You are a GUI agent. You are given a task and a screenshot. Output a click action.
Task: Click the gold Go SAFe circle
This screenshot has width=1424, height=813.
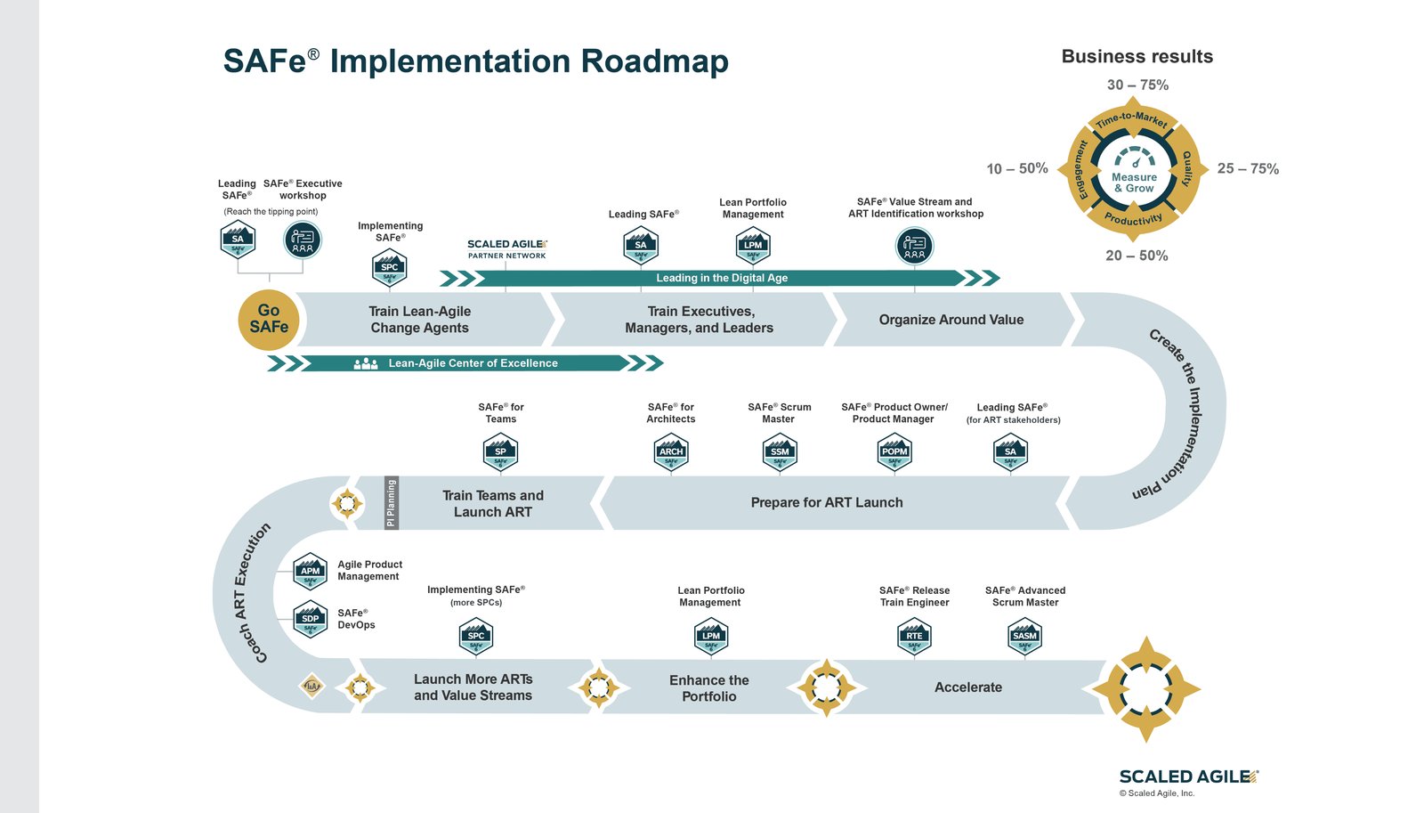[x=269, y=320]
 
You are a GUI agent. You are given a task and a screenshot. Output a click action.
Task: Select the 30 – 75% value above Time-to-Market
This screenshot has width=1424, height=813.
[x=1137, y=85]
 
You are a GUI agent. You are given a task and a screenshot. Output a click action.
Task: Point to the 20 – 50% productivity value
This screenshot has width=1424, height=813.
[x=1137, y=256]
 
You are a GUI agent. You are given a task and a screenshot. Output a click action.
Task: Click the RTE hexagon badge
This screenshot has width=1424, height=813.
[x=914, y=636]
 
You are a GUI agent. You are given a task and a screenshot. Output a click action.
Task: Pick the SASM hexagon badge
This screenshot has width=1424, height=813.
[x=1024, y=636]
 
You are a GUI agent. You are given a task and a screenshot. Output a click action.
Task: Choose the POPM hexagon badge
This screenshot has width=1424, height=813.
[x=894, y=451]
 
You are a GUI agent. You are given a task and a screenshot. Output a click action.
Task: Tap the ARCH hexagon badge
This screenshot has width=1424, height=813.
[x=671, y=451]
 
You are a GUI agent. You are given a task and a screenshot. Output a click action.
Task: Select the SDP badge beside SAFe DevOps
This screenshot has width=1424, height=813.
[x=310, y=619]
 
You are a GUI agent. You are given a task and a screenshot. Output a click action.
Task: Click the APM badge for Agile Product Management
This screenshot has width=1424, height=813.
[x=310, y=571]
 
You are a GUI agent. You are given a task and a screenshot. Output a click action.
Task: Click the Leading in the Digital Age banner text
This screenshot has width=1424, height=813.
[x=722, y=278]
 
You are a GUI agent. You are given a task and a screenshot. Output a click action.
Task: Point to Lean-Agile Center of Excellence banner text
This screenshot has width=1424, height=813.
[x=473, y=363]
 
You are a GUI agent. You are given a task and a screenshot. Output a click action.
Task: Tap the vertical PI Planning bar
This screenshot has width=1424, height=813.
[x=391, y=503]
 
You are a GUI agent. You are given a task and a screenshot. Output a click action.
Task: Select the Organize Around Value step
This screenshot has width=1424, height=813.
[x=951, y=320]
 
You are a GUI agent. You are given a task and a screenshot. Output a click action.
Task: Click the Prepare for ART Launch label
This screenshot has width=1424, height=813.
[x=826, y=503]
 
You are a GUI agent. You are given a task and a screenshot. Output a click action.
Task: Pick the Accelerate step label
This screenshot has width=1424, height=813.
[x=967, y=687]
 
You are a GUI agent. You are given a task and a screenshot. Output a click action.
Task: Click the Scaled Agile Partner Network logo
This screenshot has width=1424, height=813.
[x=507, y=249]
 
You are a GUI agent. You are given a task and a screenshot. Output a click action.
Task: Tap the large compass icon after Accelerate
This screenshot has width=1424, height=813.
[x=1145, y=689]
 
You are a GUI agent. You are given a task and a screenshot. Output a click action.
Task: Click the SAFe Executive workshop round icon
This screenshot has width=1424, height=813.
[x=303, y=240]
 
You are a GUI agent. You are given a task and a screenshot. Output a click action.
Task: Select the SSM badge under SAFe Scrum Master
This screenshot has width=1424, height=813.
[x=780, y=451]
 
